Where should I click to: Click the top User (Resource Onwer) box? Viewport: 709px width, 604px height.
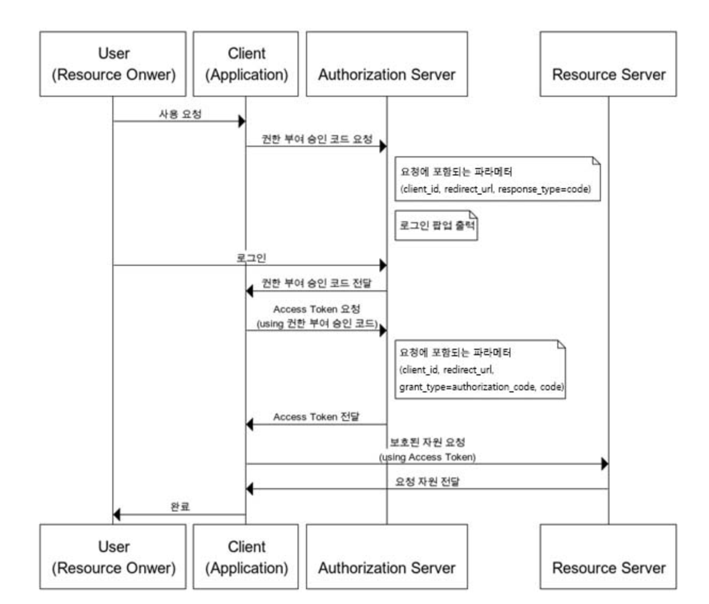(113, 64)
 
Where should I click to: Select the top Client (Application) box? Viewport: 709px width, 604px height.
(246, 64)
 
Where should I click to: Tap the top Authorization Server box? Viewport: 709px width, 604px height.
(386, 64)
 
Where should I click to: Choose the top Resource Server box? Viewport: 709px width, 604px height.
(608, 64)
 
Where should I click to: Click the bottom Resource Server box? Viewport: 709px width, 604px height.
(608, 557)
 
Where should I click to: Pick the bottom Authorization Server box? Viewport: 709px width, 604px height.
(386, 557)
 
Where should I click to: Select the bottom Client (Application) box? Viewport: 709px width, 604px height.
(246, 557)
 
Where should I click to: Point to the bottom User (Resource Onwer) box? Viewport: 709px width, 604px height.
(113, 557)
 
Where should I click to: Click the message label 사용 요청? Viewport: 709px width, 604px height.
(180, 114)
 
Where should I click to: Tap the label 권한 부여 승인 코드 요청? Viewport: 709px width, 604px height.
(317, 139)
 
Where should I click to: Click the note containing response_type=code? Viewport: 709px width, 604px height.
(497, 180)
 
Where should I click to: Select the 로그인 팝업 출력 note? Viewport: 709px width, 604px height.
(436, 225)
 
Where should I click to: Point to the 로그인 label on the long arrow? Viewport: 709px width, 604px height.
(251, 258)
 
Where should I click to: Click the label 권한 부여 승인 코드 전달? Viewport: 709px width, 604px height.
(317, 283)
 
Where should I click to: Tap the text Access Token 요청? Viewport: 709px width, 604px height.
(317, 309)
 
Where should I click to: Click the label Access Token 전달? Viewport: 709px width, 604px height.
(316, 417)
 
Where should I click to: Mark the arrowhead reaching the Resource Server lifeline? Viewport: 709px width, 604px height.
(604, 464)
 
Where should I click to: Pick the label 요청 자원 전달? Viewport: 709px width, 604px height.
(427, 482)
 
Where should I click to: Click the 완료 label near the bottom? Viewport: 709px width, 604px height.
(180, 507)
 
